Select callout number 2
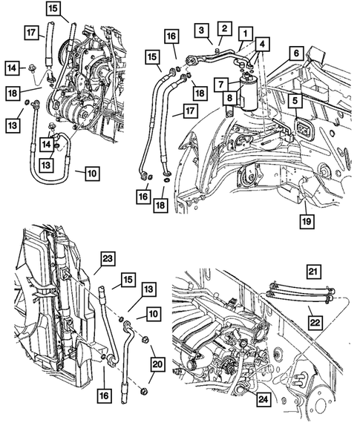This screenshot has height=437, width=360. tap(224, 27)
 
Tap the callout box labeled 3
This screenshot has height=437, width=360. tap(203, 29)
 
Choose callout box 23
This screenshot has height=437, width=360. tap(108, 259)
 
